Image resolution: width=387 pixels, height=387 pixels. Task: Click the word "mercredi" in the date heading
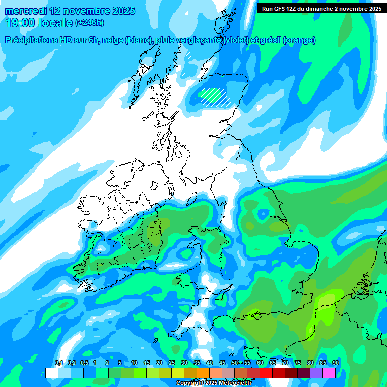(25, 11)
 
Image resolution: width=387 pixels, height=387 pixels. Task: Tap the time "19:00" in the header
(20, 23)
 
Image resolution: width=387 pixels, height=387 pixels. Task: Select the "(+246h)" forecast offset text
(90, 23)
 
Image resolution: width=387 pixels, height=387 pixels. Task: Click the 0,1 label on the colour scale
(59, 363)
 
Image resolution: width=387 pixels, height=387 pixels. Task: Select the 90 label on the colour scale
(335, 363)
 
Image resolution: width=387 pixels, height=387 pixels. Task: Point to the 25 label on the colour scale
(171, 363)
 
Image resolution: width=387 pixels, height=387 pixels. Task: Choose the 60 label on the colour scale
(260, 363)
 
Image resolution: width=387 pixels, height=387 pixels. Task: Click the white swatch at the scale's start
(51, 373)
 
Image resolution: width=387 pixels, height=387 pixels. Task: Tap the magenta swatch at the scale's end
(329, 373)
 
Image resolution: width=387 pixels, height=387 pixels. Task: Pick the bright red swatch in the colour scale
(266, 373)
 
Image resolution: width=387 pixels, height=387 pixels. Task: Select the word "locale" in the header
(55, 23)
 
